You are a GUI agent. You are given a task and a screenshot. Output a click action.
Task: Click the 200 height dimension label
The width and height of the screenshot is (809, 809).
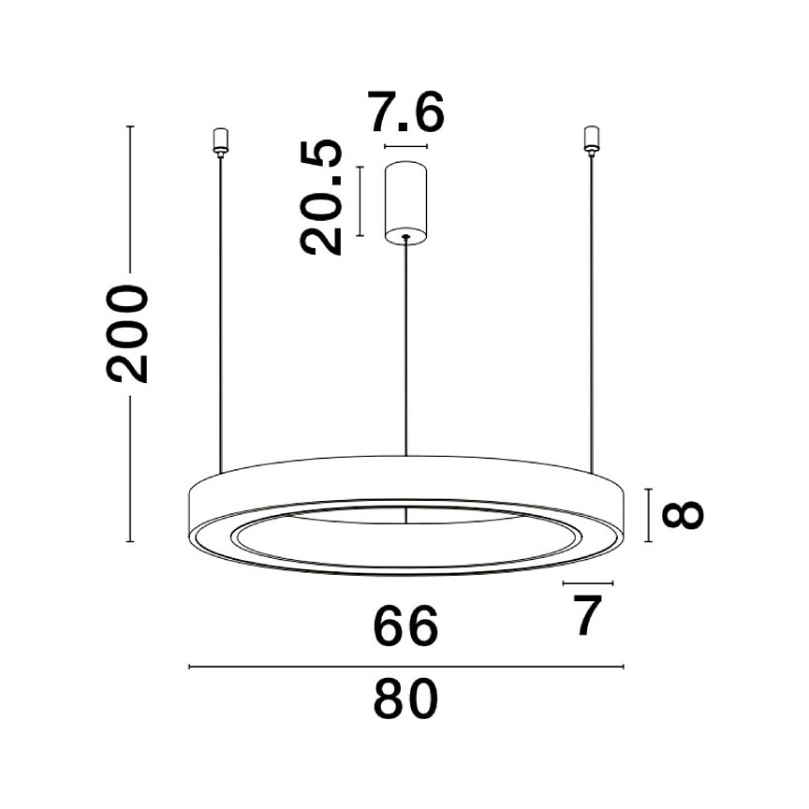[x=127, y=333]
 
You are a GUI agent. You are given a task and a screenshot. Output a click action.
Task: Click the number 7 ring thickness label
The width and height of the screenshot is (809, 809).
[x=586, y=616]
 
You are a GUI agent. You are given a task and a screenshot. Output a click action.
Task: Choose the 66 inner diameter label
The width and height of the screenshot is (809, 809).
[x=405, y=627]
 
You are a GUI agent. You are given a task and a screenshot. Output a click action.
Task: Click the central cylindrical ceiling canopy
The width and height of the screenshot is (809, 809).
[x=405, y=201]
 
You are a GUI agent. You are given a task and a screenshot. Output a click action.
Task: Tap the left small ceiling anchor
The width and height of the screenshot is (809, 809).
[x=221, y=140]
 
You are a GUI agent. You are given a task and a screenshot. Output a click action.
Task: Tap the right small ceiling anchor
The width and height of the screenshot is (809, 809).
[x=590, y=140]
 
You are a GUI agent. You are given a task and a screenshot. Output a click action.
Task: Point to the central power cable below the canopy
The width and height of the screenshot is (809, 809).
[x=405, y=346]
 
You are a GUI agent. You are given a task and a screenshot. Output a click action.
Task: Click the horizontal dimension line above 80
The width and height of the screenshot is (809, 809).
[x=405, y=667]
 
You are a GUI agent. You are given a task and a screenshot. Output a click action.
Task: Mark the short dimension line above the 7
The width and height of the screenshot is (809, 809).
[x=587, y=582]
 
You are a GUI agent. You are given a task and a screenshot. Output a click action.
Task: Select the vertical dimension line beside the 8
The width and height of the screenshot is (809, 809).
[x=649, y=515]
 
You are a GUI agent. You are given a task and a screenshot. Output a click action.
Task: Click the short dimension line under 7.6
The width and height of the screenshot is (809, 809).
[x=405, y=147]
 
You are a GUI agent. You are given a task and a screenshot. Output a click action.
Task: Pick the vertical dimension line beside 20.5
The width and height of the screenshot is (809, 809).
[x=360, y=199]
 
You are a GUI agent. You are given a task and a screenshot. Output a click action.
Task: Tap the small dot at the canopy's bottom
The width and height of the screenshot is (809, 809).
[x=405, y=238]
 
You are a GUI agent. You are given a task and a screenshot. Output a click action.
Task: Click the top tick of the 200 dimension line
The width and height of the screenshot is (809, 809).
[x=130, y=126]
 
